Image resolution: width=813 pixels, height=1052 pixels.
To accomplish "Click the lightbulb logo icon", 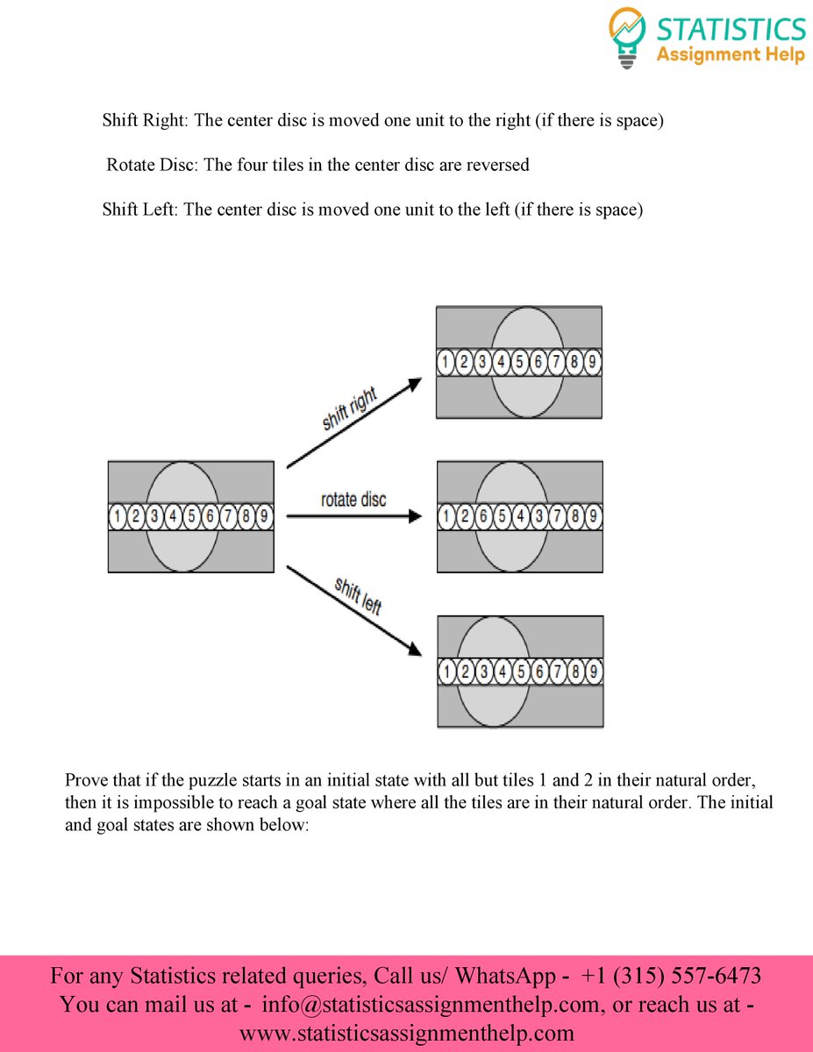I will click(x=627, y=37).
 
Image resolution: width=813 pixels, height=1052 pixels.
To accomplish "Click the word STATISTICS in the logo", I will click(x=731, y=28).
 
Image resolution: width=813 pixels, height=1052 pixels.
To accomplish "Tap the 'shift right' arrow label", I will click(x=349, y=409).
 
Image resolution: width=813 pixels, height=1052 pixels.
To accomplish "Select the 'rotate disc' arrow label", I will click(x=353, y=500).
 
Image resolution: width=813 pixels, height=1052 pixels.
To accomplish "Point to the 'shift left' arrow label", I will click(x=358, y=595).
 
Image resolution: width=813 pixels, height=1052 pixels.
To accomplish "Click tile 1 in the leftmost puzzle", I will click(x=118, y=517).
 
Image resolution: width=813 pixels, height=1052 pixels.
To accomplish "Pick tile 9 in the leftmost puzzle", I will click(x=264, y=517).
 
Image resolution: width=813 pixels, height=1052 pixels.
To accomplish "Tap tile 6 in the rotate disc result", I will click(x=482, y=516).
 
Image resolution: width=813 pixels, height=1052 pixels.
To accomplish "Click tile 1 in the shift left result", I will click(x=446, y=672).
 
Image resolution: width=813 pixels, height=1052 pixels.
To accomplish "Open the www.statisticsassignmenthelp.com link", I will click(x=406, y=1034).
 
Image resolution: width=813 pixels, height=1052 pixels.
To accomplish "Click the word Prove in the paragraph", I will click(x=87, y=780).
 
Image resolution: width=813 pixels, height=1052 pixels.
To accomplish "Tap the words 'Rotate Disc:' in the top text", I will click(x=153, y=165).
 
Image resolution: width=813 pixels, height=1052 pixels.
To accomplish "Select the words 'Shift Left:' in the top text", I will click(x=140, y=210).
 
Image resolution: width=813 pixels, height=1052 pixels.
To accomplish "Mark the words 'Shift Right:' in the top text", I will click(x=145, y=120).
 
